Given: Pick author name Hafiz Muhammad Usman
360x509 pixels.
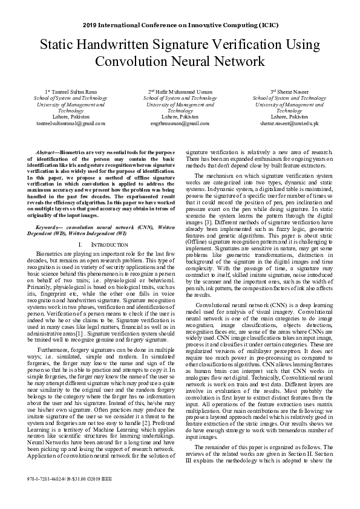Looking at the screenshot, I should click(180, 92).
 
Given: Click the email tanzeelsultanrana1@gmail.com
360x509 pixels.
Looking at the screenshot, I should click(71, 123).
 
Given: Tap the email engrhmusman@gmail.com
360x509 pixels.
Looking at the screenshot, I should click(180, 123).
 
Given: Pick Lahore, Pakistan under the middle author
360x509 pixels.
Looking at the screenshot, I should click(180, 117).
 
